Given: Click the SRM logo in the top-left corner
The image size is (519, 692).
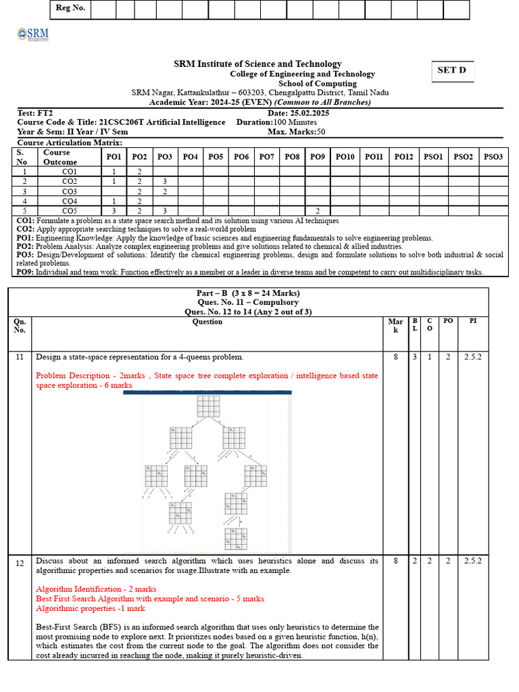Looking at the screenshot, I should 32,36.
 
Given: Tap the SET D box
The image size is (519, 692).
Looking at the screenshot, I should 452,71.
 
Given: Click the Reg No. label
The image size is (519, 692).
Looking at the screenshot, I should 70,9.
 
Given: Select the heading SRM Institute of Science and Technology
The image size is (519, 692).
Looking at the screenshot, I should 257,64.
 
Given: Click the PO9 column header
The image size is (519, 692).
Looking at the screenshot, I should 318,157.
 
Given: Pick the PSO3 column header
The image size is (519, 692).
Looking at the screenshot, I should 493,157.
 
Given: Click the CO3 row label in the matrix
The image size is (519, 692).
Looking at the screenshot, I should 69,191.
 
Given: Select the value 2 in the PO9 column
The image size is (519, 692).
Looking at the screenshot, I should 318,211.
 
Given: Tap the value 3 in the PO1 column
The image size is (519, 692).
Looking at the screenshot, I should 114,211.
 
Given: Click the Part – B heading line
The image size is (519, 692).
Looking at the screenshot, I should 247,293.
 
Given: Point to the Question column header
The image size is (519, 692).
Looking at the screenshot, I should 207,322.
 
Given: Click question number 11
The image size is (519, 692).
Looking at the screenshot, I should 20,357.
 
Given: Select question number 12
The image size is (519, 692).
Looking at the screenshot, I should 20,562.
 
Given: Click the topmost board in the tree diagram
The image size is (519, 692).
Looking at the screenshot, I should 208,406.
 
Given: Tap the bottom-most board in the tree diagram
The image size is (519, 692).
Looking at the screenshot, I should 236,539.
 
